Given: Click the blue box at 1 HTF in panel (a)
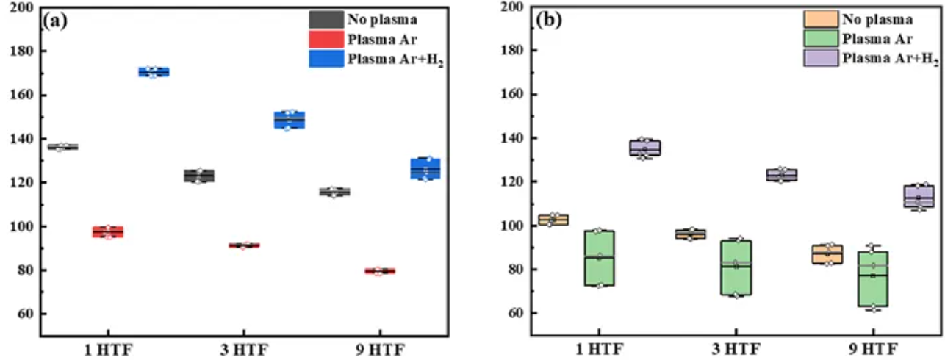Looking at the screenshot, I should [x=154, y=72].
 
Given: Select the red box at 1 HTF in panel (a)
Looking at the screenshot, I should [x=108, y=232].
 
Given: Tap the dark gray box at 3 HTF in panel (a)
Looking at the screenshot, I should [x=198, y=176].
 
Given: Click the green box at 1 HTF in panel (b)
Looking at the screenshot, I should [x=599, y=258].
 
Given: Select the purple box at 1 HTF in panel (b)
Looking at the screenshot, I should [x=644, y=148].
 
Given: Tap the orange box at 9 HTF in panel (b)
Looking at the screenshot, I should [x=826, y=254].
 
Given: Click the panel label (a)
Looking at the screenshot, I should [x=56, y=21].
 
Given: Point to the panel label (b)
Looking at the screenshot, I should [x=549, y=21].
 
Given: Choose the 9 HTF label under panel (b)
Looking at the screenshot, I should [x=872, y=349].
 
